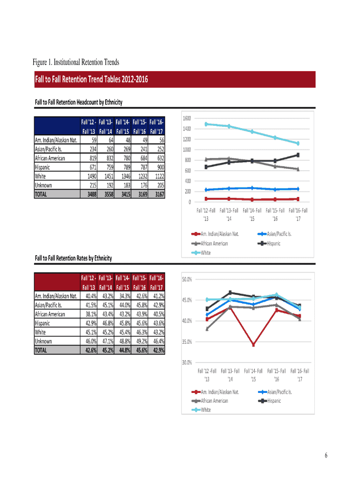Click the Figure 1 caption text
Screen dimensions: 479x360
pyautogui.click(x=76, y=62)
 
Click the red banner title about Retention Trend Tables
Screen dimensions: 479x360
pyautogui.click(x=92, y=80)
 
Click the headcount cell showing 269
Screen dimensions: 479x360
pyautogui.click(x=124, y=149)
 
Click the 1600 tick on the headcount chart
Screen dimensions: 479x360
pyautogui.click(x=186, y=118)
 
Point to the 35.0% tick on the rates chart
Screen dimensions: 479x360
pyautogui.click(x=186, y=342)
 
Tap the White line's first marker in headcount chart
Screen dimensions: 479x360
pyautogui.click(x=206, y=124)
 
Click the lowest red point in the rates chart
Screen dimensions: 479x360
pyautogui.click(x=253, y=345)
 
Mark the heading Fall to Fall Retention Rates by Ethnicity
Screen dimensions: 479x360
pyautogui.click(x=73, y=258)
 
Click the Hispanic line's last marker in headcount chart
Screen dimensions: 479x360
pyautogui.click(x=298, y=155)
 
